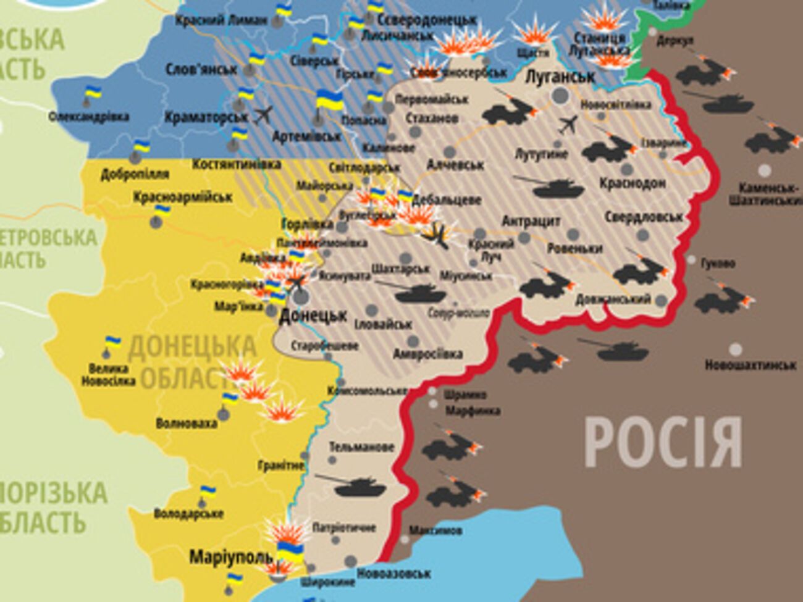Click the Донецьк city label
(x=313, y=316)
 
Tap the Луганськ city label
(x=560, y=77)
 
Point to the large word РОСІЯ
(x=663, y=442)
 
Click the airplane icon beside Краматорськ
(x=263, y=115)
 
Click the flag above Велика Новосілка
(x=113, y=343)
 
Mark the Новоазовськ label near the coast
(x=393, y=574)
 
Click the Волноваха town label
(x=186, y=424)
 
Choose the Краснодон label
(x=632, y=183)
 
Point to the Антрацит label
(x=531, y=221)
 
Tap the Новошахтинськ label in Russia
(x=750, y=366)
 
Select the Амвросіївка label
(x=427, y=354)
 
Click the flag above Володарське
(x=208, y=493)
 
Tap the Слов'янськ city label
(x=198, y=69)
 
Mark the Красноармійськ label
(x=183, y=197)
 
